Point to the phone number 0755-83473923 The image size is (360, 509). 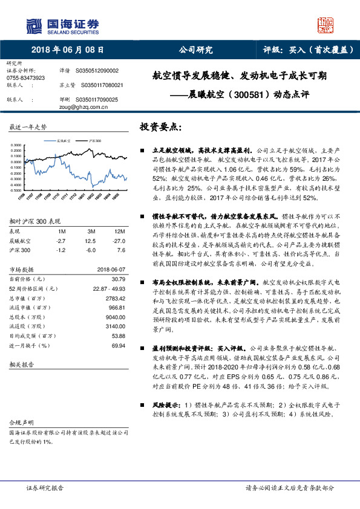(x=25, y=78)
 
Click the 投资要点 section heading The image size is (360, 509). (x=160, y=128)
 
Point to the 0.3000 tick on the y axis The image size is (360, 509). (x=18, y=145)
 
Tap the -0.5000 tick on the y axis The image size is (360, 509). (x=18, y=189)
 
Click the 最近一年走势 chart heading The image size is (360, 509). (x=28, y=128)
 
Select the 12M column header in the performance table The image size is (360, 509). (x=119, y=232)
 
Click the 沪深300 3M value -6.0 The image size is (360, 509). (x=91, y=249)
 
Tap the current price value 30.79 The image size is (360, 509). (x=118, y=279)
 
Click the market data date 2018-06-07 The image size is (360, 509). (x=111, y=269)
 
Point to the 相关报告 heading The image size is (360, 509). (x=24, y=366)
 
